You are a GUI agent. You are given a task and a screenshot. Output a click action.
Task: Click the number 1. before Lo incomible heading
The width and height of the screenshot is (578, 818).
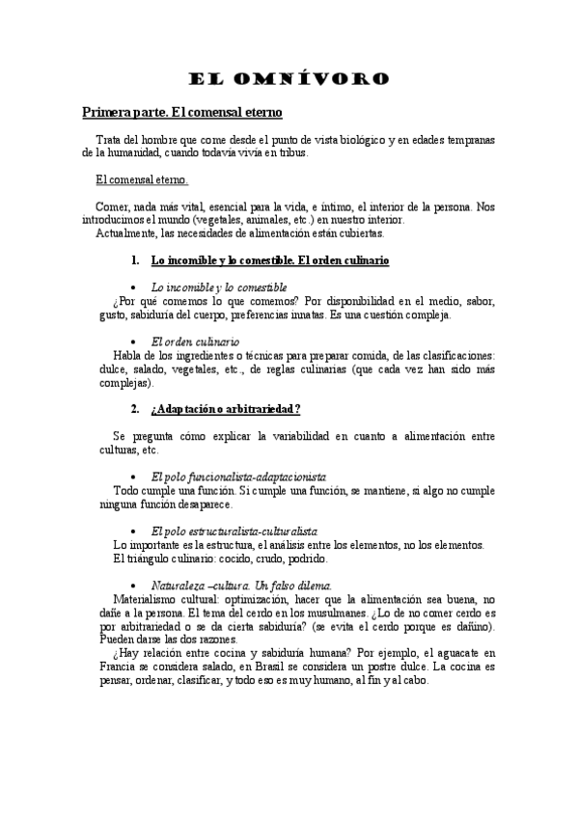coord(135,260)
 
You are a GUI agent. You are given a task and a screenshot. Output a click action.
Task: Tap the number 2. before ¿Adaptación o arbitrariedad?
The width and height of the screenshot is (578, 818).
coord(135,409)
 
